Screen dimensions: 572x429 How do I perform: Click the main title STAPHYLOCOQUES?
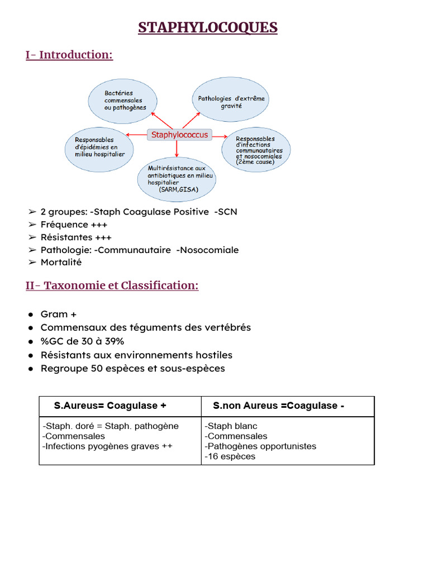coord(208,27)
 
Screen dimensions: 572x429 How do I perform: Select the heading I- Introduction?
coord(69,55)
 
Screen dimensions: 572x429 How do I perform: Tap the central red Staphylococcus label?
coord(180,135)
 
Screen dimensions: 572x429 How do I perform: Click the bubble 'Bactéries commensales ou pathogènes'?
coord(126,101)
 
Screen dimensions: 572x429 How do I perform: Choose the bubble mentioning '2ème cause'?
coord(256,149)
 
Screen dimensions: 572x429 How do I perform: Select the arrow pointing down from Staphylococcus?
coord(177,149)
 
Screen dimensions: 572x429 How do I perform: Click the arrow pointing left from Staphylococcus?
coord(137,135)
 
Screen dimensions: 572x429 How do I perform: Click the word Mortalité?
coord(61,262)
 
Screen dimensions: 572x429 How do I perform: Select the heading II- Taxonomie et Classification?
coord(112,285)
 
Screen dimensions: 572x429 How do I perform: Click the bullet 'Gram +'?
coord(58,314)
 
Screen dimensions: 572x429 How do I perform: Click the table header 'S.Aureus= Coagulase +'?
coord(110,406)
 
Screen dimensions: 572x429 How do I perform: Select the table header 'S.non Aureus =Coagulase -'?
coord(278,406)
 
